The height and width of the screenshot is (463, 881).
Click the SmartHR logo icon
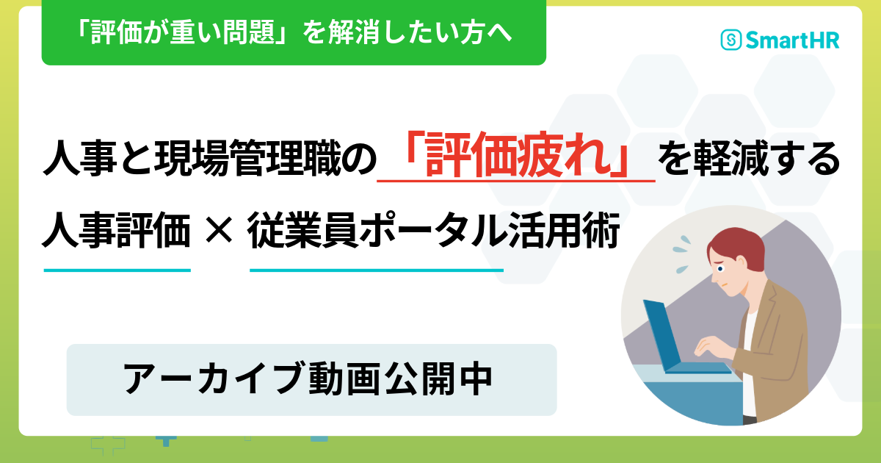click(x=731, y=40)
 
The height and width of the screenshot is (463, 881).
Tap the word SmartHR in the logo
click(x=792, y=40)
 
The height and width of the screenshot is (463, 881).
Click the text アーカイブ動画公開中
click(x=308, y=378)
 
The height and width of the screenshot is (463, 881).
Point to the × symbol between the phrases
click(x=219, y=231)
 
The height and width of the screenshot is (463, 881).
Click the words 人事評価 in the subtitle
click(x=117, y=230)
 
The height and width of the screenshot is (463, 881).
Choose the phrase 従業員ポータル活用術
click(x=433, y=230)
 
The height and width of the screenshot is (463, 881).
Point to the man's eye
click(x=720, y=269)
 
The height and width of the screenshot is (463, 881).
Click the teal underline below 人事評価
click(x=117, y=270)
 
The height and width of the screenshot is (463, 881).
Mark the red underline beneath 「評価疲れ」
click(x=516, y=181)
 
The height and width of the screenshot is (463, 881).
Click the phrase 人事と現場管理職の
click(x=210, y=158)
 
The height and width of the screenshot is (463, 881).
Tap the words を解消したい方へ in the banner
click(x=407, y=32)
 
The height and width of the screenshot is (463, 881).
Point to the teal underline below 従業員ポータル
click(x=377, y=270)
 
